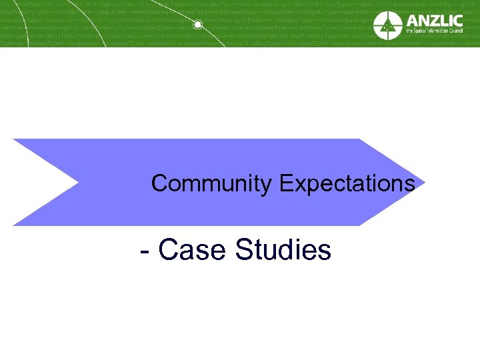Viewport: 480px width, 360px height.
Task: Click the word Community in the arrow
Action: pyautogui.click(x=212, y=183)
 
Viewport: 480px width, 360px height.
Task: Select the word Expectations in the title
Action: pyautogui.click(x=347, y=183)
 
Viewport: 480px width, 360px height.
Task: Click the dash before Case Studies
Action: pyautogui.click(x=146, y=252)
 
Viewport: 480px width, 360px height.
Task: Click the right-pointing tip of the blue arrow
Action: pyautogui.click(x=424, y=182)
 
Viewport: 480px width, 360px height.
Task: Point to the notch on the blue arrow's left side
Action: pyautogui.click(x=79, y=182)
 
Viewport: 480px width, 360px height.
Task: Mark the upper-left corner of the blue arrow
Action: pyautogui.click(x=13, y=139)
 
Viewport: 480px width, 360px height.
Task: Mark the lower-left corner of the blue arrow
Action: pyautogui.click(x=13, y=225)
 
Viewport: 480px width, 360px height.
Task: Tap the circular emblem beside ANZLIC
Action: pyautogui.click(x=387, y=25)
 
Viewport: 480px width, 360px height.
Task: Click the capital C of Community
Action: pyautogui.click(x=159, y=183)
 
